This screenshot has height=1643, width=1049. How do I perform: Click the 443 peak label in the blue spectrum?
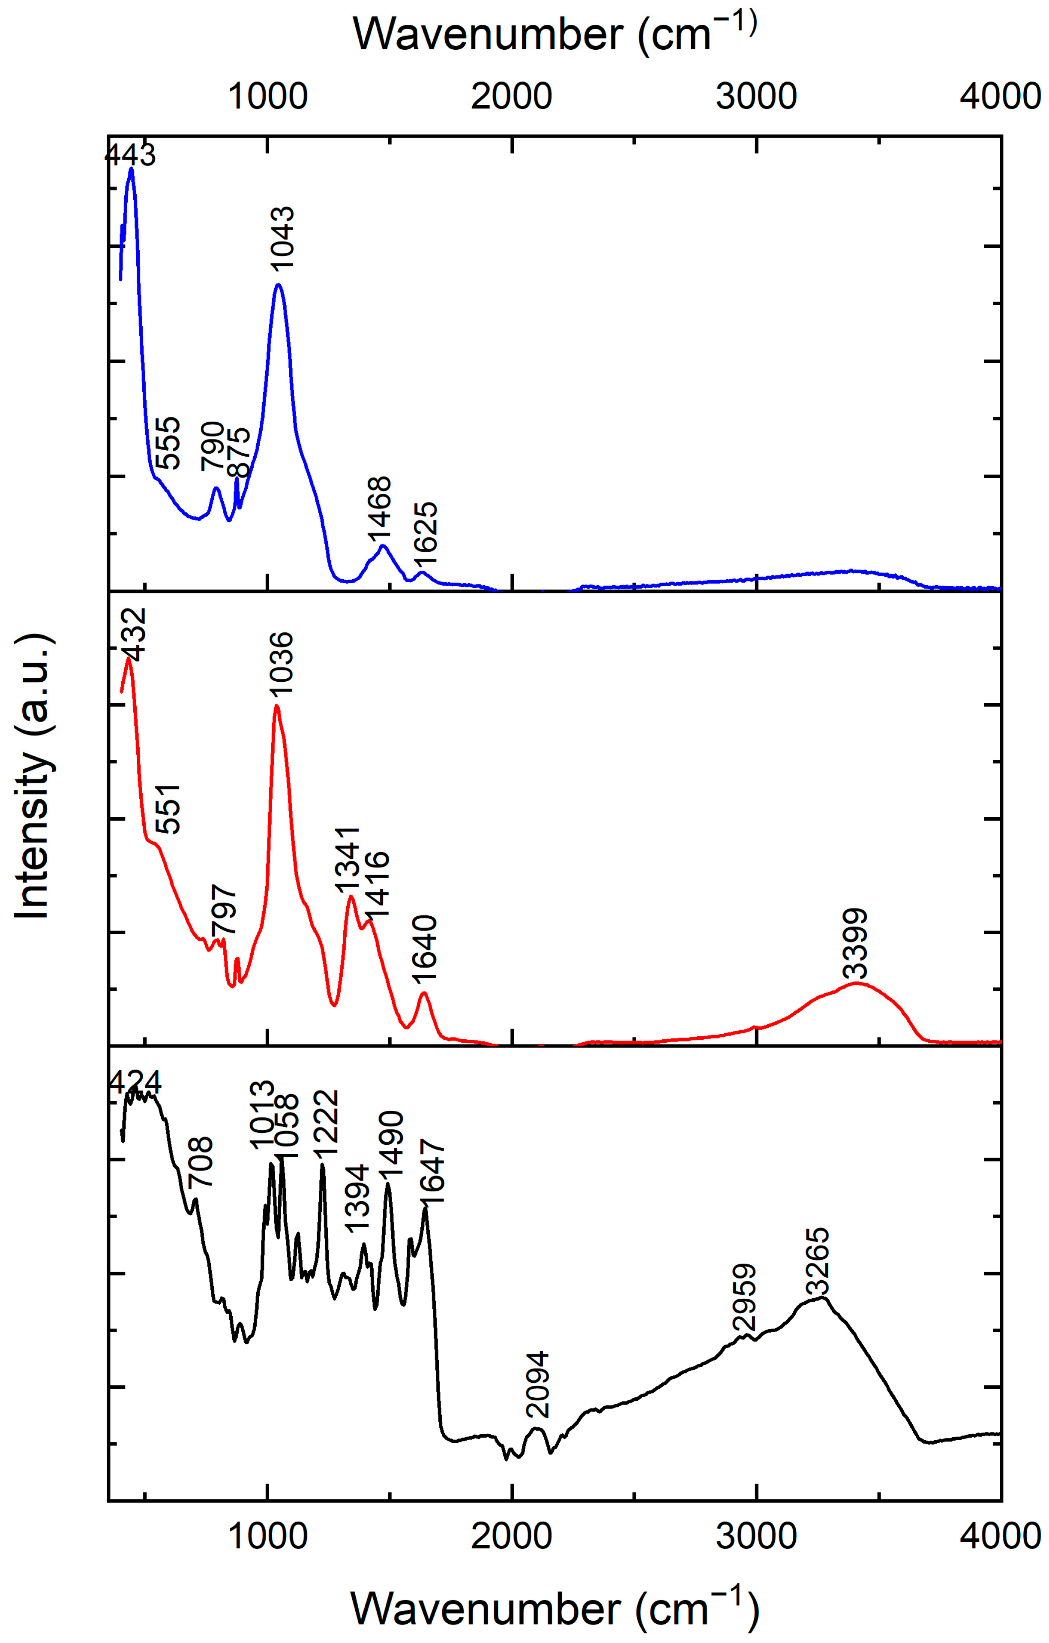pyautogui.click(x=130, y=156)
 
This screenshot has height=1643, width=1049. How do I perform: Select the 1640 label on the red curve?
pyautogui.click(x=424, y=950)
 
